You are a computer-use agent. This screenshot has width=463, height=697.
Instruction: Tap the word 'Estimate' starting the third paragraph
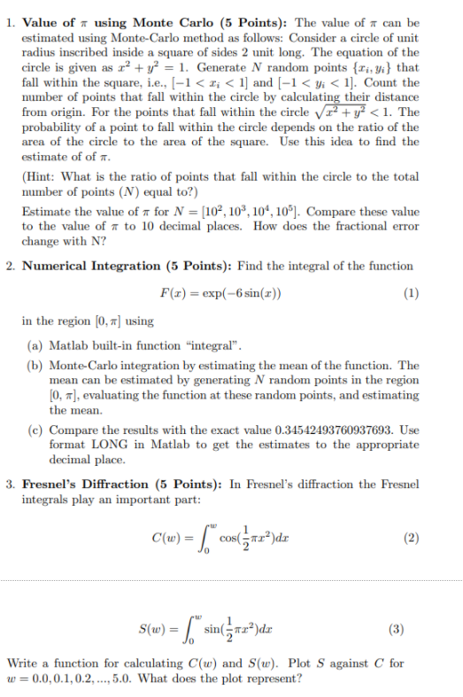coord(45,213)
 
